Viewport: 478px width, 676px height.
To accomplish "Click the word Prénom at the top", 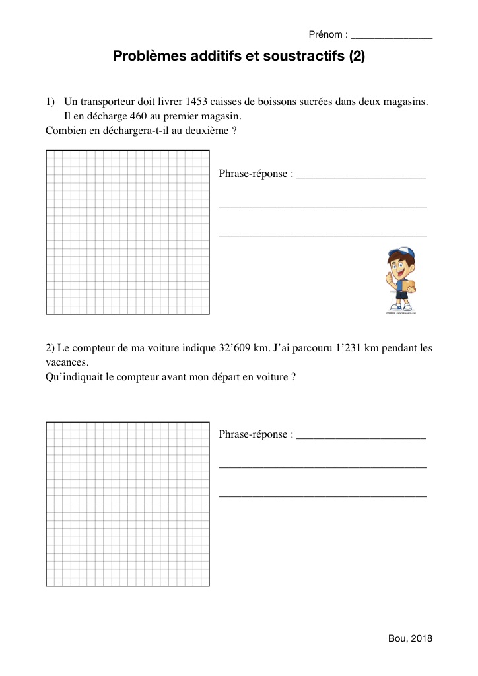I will [x=325, y=34].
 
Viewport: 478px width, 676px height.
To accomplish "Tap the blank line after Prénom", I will [x=392, y=37].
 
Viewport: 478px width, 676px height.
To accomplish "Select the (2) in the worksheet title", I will [x=357, y=57].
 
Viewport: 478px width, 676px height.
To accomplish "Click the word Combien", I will [x=65, y=131].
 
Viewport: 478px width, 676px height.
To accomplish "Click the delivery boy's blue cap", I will [x=401, y=253].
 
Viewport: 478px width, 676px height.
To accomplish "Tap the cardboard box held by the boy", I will [x=409, y=285].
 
